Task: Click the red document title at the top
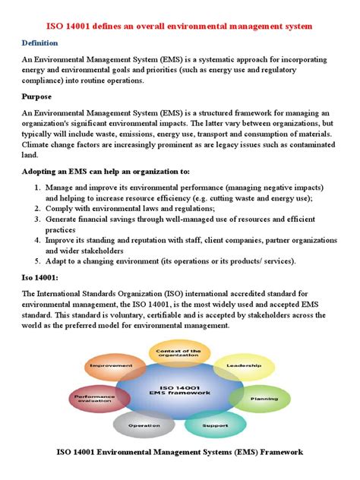coord(179,27)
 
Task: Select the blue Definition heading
coord(43,43)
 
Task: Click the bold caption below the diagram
coord(180,452)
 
